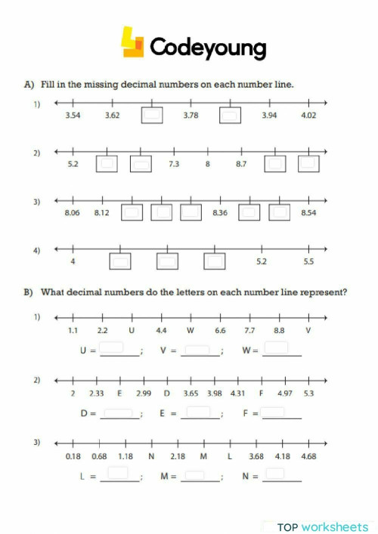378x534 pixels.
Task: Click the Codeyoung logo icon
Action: (133, 43)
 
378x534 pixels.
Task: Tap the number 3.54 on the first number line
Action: (73, 116)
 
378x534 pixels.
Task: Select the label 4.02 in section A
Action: (308, 116)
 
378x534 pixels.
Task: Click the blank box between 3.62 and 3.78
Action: (153, 116)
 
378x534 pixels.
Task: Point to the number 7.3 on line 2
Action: (174, 164)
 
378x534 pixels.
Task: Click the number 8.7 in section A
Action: (241, 164)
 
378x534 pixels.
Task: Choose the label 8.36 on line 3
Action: (220, 213)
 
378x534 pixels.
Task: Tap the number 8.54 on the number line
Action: (308, 213)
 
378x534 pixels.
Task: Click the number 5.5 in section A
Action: (308, 261)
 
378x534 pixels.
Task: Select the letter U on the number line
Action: (132, 330)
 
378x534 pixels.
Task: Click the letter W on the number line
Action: (191, 330)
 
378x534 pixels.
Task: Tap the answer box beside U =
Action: (112, 348)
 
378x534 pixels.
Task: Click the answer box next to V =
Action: (196, 349)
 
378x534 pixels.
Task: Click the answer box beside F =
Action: (274, 412)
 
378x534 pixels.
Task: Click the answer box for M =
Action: (194, 475)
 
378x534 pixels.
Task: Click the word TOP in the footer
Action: (287, 526)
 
